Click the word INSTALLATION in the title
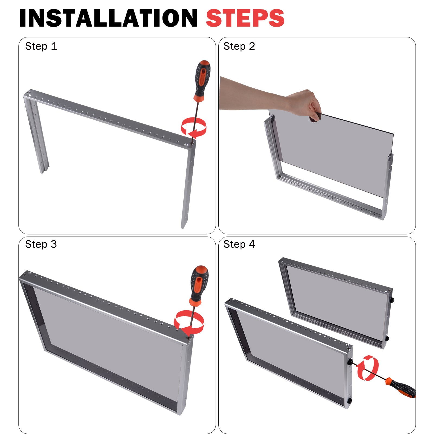tap(108, 18)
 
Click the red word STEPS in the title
tap(245, 18)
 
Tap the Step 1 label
tap(41, 46)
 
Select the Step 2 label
tap(239, 46)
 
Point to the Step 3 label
tap(41, 244)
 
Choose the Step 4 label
tap(239, 244)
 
